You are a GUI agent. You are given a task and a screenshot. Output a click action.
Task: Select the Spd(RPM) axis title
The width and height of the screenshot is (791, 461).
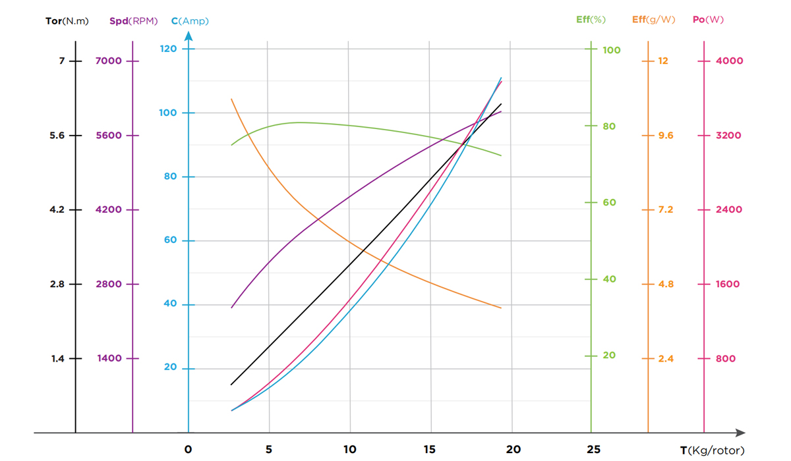pos(133,21)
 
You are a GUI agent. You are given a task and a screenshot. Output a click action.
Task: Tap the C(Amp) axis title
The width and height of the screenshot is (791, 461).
pos(190,21)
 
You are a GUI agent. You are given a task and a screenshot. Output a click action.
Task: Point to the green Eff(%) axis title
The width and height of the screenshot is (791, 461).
pos(591,20)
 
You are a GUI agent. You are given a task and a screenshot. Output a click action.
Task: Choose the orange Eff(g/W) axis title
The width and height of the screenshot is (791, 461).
pos(653,20)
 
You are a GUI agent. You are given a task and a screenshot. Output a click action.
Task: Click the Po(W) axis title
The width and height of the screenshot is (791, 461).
pos(708,20)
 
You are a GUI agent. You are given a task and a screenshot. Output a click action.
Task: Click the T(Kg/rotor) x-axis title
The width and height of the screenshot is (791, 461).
pos(712,450)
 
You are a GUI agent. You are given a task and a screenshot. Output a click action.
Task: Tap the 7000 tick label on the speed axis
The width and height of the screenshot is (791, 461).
pos(109,61)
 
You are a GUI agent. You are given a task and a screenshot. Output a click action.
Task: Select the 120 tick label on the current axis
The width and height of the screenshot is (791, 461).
pos(168,49)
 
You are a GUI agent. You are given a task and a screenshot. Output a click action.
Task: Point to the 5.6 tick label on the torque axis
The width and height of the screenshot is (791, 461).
pos(58,136)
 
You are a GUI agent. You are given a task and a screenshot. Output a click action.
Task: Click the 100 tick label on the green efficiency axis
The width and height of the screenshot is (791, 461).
pos(612,50)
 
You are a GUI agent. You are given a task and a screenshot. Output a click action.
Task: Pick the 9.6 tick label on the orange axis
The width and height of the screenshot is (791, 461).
pos(666,136)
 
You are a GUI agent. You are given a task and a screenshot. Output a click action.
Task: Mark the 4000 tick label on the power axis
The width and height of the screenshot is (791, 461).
pos(729,61)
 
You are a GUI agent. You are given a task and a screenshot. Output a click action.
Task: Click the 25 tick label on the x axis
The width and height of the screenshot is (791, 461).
pos(593,449)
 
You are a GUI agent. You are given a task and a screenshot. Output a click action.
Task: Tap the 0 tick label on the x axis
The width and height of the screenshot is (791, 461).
pos(189,449)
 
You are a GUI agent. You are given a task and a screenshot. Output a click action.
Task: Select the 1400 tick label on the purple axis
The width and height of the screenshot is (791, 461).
pos(109,359)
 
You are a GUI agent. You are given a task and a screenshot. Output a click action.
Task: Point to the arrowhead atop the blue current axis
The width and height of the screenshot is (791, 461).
pos(189,36)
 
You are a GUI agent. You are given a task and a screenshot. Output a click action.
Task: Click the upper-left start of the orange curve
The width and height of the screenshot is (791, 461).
pos(231,99)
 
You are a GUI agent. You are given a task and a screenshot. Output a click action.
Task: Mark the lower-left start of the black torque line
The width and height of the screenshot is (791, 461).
pos(231,385)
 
